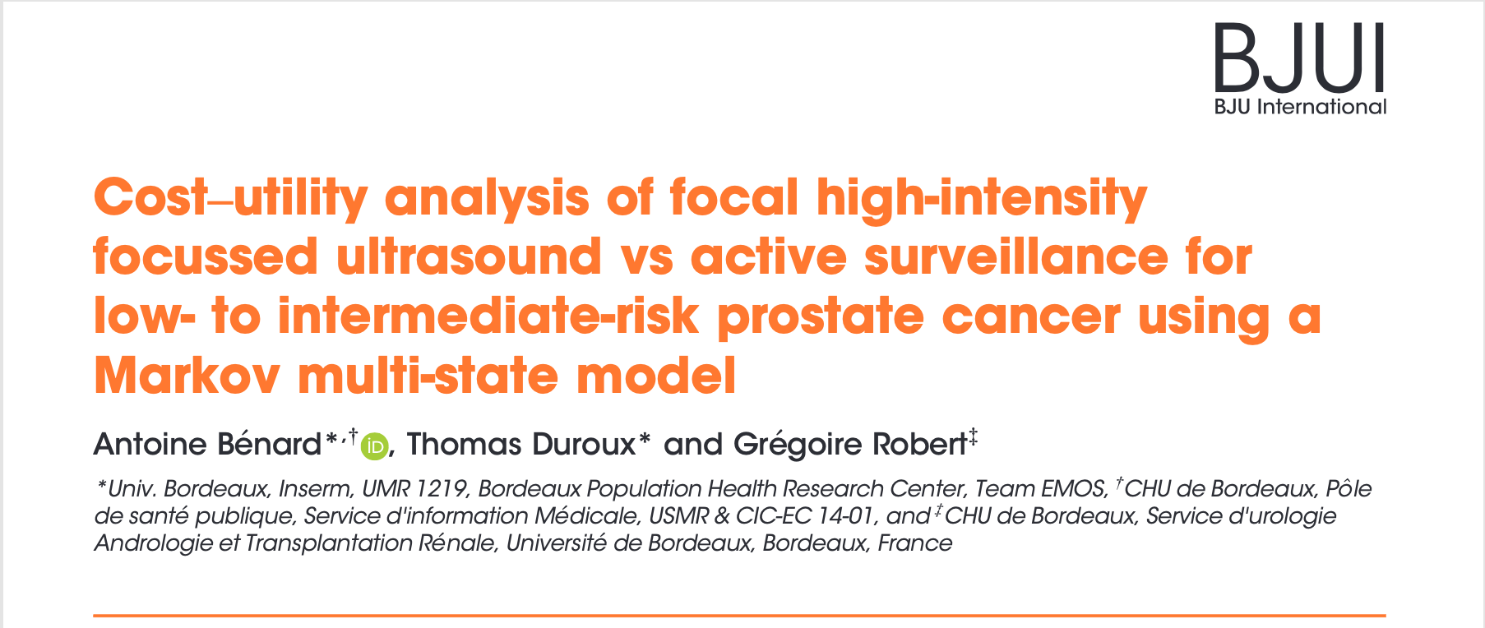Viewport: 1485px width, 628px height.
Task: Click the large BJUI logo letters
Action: click(1300, 58)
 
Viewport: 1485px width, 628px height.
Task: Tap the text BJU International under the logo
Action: click(1300, 107)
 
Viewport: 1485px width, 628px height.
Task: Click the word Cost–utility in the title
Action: click(231, 199)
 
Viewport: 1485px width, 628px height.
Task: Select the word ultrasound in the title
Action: click(469, 256)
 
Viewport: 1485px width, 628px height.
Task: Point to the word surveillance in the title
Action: click(1015, 256)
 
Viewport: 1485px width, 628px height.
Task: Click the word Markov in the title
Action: click(187, 376)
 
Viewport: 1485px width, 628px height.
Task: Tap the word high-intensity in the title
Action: click(981, 199)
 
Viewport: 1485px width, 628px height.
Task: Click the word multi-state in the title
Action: click(428, 376)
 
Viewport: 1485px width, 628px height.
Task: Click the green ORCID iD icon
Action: click(375, 446)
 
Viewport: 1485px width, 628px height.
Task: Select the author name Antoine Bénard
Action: click(207, 445)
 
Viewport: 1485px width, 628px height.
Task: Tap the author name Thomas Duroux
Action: click(521, 445)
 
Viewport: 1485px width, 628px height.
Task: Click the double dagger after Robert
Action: click(973, 437)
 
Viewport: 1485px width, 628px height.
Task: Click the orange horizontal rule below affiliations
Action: click(740, 615)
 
